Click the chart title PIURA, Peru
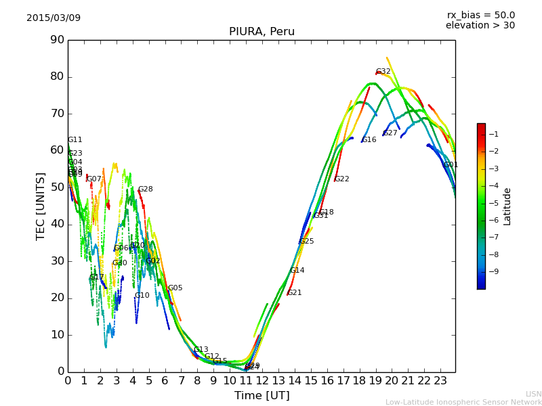(x=262, y=32)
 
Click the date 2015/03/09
(x=54, y=18)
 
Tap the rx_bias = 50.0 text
(x=480, y=15)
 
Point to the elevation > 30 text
(x=480, y=26)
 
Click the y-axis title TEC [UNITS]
(x=41, y=206)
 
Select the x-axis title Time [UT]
(x=262, y=395)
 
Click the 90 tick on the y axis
(x=57, y=40)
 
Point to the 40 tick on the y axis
(x=57, y=224)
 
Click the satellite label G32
(x=383, y=72)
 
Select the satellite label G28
(x=145, y=189)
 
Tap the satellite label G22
(x=342, y=179)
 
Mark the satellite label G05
(x=175, y=288)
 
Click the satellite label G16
(x=369, y=140)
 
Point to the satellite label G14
(x=297, y=271)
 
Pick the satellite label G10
(x=142, y=296)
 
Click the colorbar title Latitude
(x=507, y=206)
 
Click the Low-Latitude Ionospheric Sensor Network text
(x=463, y=402)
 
